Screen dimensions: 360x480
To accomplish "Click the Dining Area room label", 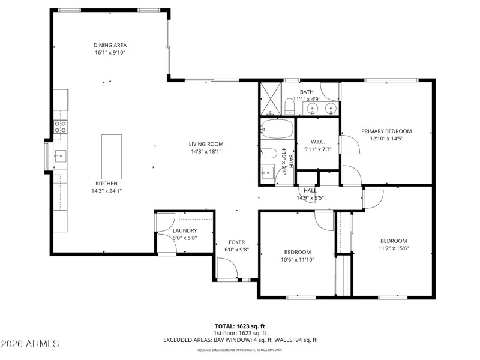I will point(110,45).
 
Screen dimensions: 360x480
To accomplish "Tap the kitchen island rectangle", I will point(111,154).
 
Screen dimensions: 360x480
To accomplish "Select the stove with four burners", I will point(61,126).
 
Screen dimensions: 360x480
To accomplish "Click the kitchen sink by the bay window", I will point(59,157).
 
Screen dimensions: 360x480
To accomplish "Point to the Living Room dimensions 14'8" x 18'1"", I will point(206,151).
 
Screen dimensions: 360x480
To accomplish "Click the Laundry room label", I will point(185,230).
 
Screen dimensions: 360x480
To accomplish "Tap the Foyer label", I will point(236,242).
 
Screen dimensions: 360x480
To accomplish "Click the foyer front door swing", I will point(226,268).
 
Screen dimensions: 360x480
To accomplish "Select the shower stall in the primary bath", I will point(269,99).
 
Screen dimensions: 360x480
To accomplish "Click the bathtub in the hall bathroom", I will point(277,130).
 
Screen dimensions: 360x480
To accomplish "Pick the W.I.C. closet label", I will point(317,142).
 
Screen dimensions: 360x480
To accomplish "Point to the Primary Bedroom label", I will point(386,131).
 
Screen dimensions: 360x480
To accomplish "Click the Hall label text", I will point(310,190).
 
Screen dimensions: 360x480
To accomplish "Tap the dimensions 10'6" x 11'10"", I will point(297,259).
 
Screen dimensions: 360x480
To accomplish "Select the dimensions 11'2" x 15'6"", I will point(393,248).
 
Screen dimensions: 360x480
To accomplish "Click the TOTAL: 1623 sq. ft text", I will point(240,326).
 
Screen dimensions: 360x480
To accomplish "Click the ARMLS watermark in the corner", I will point(30,344).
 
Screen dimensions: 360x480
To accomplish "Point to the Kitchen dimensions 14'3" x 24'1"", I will point(106,191).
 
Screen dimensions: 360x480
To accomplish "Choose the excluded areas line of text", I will point(240,340).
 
